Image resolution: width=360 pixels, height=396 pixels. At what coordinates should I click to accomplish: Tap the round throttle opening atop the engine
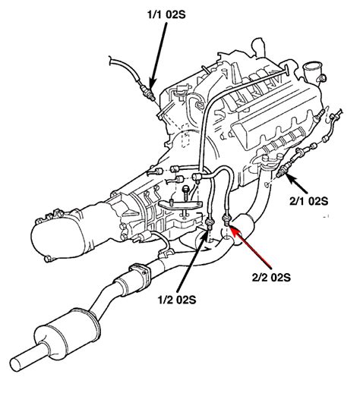click(311, 74)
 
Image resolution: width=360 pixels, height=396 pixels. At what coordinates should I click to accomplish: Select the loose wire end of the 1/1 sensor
click(112, 58)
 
